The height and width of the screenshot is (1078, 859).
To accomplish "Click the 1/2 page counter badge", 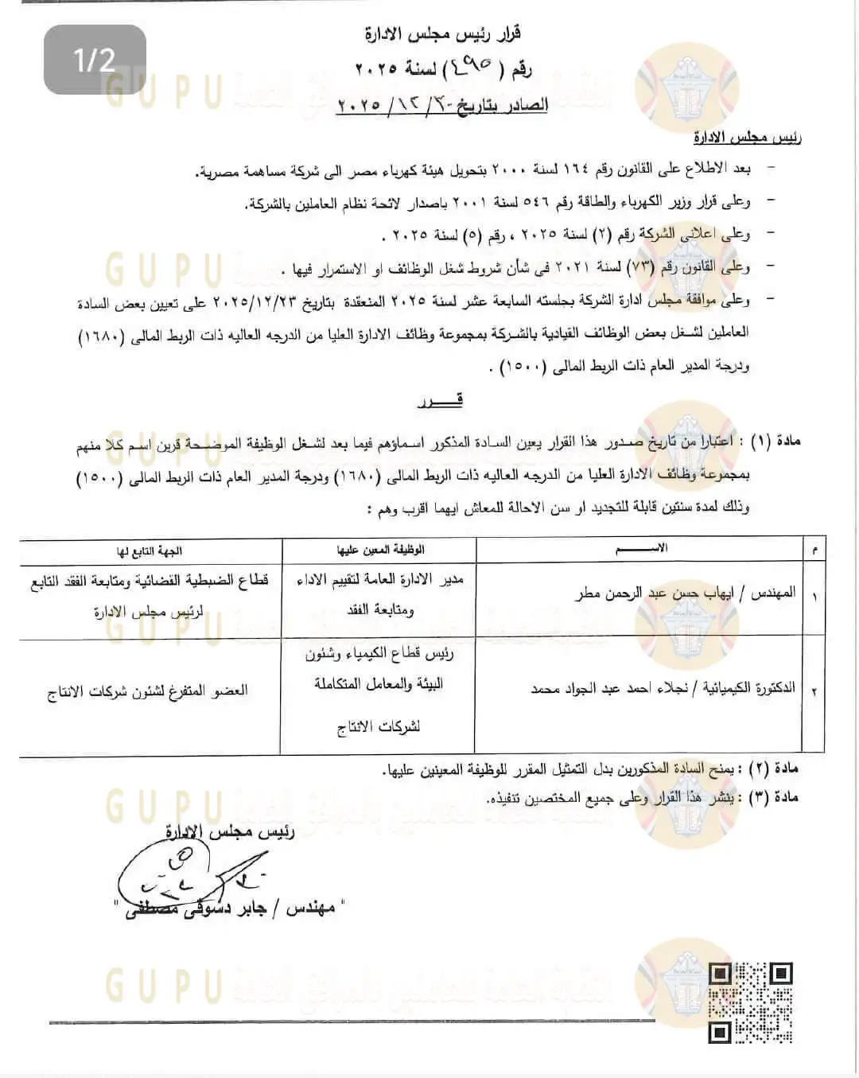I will coord(95,60).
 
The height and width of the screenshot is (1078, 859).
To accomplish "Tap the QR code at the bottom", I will coord(751,1002).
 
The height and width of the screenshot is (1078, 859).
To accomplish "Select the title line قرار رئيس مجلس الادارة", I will coord(443,34).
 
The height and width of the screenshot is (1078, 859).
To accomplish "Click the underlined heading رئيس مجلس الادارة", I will coord(748,138).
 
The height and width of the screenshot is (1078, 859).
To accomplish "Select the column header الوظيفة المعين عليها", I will coord(380,549).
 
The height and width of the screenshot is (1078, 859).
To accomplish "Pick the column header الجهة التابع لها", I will coord(150,550).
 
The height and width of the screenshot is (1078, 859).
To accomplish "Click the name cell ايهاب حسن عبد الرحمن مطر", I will coord(685,593).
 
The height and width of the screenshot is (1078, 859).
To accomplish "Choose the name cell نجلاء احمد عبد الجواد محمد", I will coord(663,689).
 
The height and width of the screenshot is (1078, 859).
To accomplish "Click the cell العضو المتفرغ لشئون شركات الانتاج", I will coord(148,691).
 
